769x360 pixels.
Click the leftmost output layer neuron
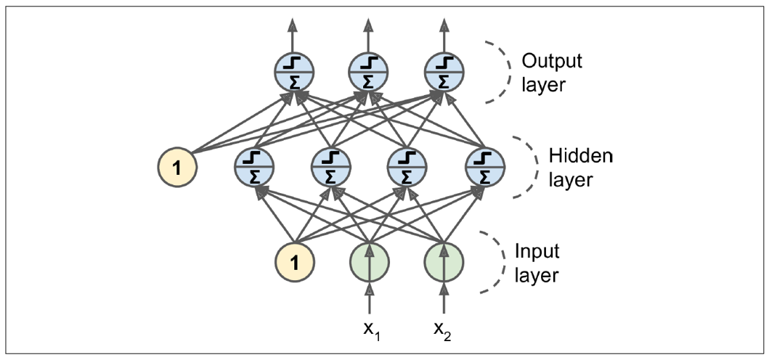293,73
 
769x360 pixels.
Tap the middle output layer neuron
369,73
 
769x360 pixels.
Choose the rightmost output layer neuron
444,73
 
